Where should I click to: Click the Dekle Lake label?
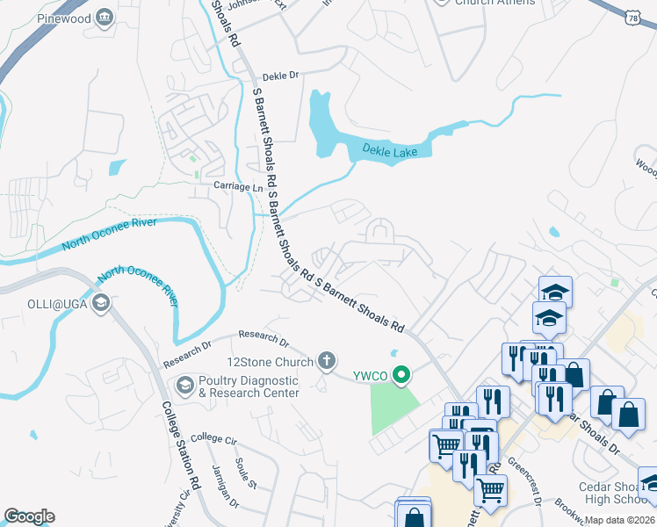click(391, 152)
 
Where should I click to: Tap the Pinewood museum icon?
click(105, 18)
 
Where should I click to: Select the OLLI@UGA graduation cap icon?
click(101, 303)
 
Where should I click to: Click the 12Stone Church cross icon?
click(326, 359)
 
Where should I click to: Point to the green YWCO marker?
click(402, 376)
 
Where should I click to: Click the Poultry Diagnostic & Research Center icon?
click(185, 385)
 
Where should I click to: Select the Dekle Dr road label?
click(281, 76)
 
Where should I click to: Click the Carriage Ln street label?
click(238, 187)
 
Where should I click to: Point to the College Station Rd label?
click(180, 446)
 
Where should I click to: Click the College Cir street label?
click(214, 437)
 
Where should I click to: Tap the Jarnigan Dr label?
click(225, 484)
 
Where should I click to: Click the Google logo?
click(29, 516)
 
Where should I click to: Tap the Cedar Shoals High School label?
click(612, 494)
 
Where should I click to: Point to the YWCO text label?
click(371, 376)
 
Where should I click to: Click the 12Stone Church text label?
click(271, 362)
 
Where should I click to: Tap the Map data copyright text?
click(619, 520)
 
